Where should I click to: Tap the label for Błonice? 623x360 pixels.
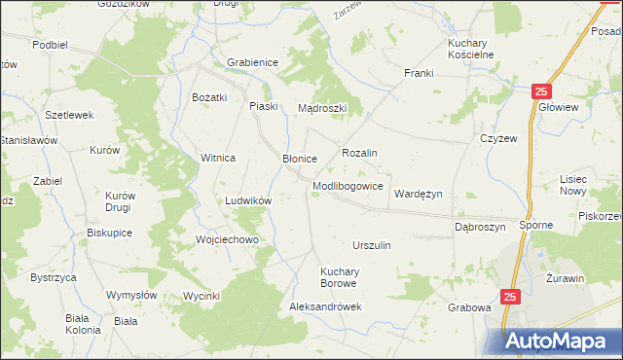pos(300,159)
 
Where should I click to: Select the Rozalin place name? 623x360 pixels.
pos(359,154)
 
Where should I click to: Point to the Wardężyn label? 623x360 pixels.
pos(418,194)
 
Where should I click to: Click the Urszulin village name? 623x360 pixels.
pos(372,245)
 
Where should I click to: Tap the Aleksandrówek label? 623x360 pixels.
pos(325,306)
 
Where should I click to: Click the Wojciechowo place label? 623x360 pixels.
pos(226,239)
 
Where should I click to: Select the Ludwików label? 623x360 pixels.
pos(247,199)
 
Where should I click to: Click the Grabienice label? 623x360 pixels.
pos(253,62)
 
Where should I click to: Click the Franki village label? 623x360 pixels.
pos(419,74)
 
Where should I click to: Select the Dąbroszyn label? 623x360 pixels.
pos(480,227)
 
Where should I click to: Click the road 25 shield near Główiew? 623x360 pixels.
pos(541,91)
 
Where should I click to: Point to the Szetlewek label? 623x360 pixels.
pos(69,115)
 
